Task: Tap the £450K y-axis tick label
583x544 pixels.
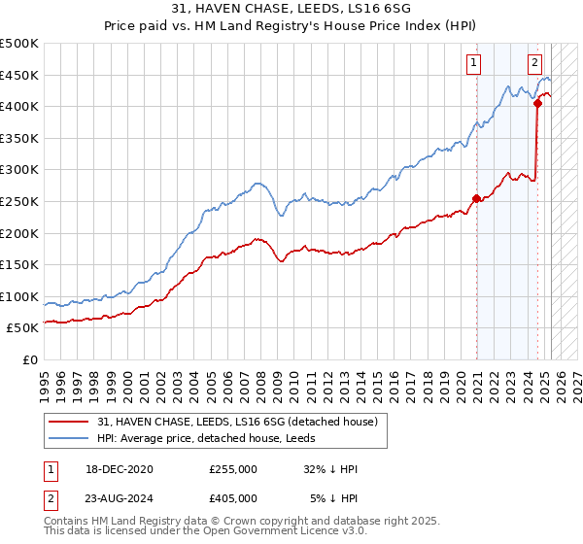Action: (x=19, y=75)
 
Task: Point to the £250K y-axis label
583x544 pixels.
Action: (x=19, y=201)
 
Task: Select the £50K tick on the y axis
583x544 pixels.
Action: (x=23, y=328)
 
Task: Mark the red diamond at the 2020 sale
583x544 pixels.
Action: (x=476, y=198)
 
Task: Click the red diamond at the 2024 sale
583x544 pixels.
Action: (x=537, y=103)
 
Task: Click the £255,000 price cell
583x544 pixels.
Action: (x=233, y=469)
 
